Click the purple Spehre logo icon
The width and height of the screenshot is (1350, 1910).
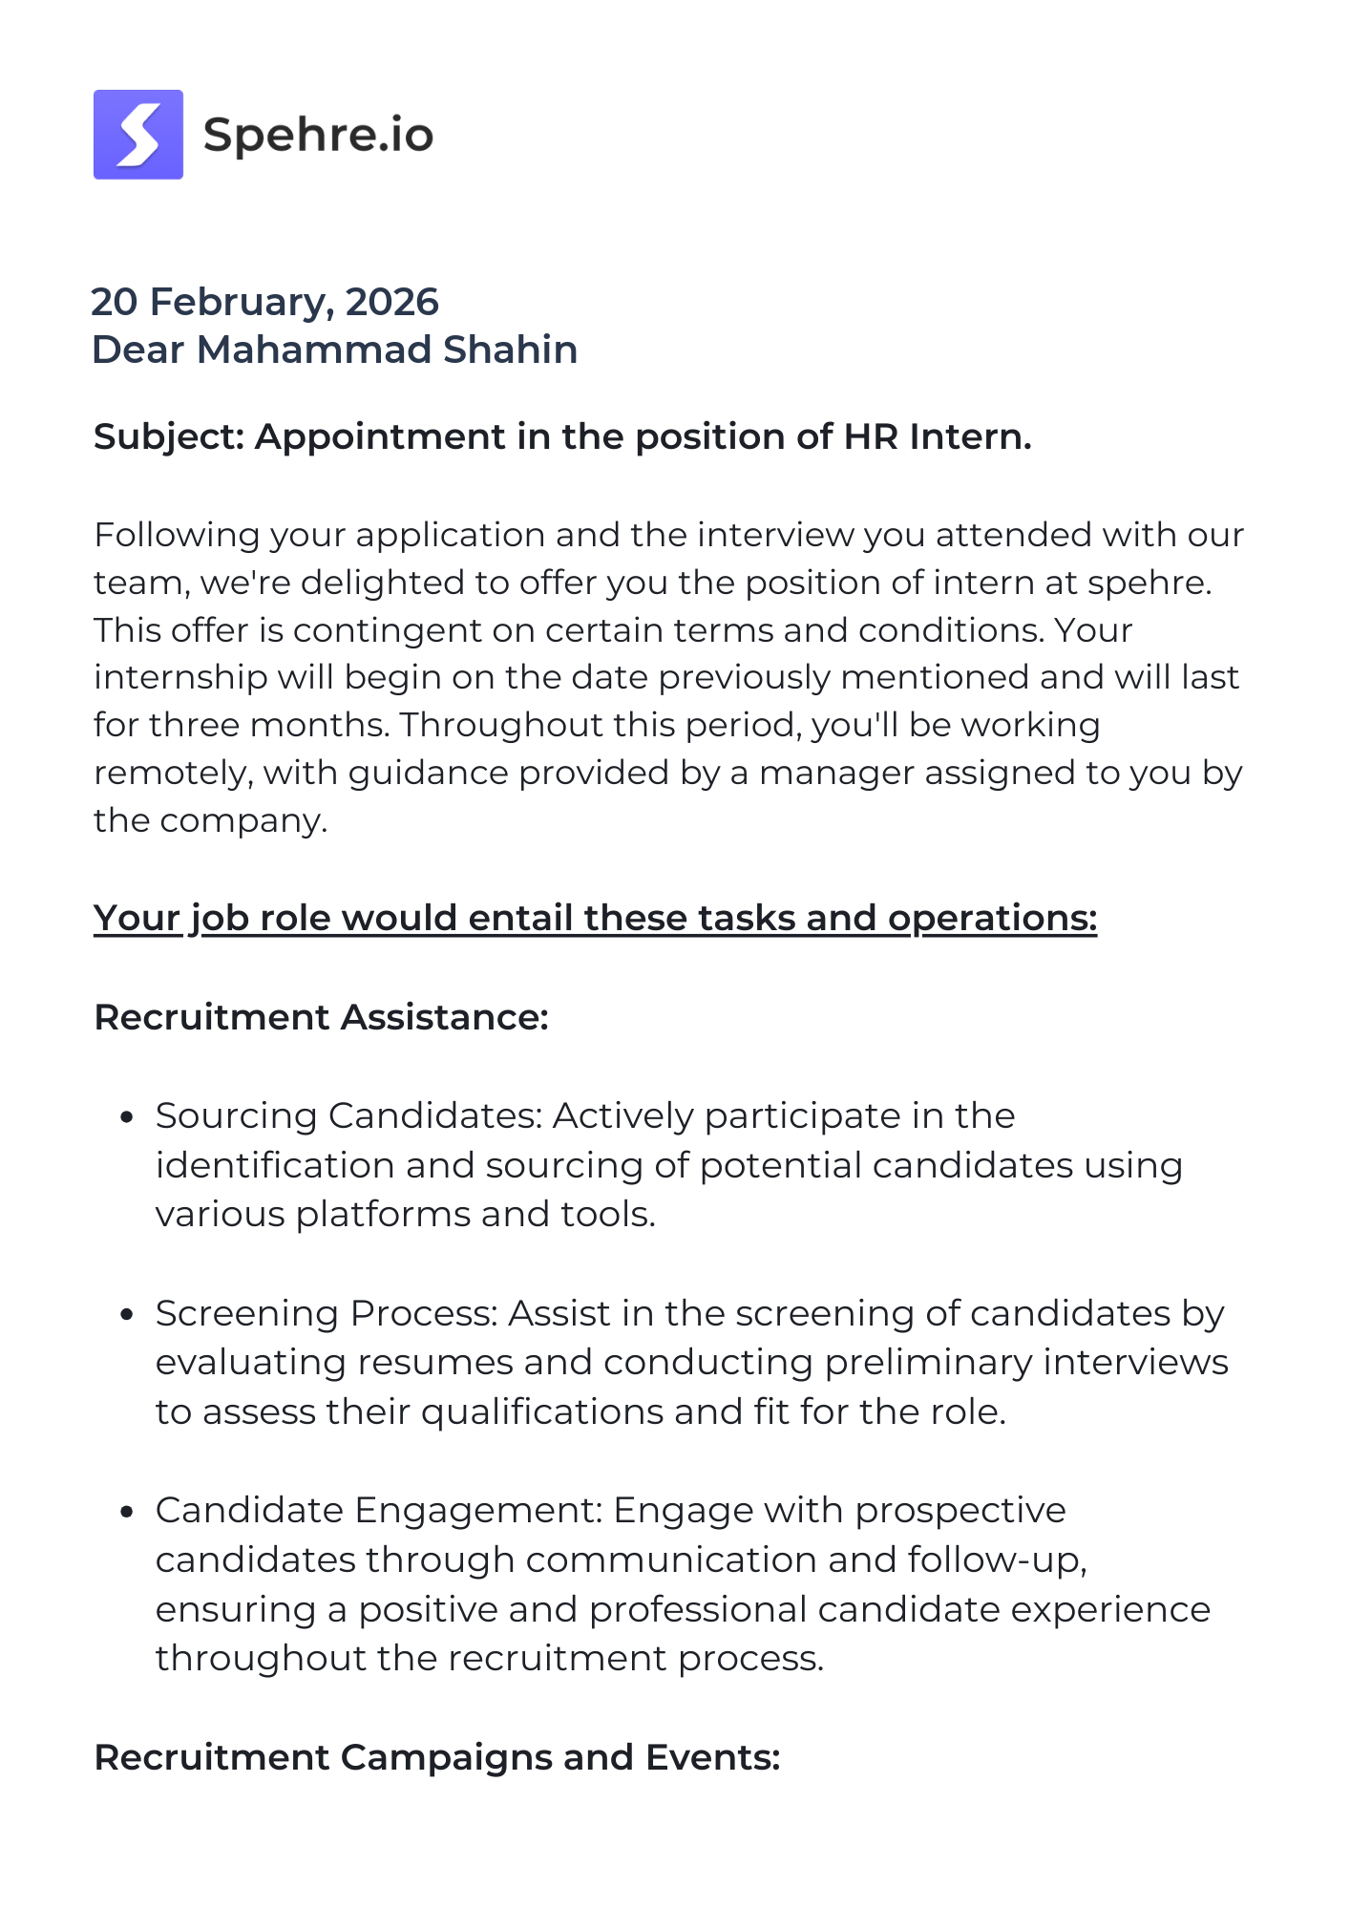pos(138,135)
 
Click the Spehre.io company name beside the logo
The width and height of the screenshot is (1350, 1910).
pos(319,135)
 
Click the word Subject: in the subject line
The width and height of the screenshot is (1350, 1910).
pos(170,436)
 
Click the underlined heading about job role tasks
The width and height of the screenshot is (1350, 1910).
pos(595,918)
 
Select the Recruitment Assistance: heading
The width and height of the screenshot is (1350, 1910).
pos(321,1017)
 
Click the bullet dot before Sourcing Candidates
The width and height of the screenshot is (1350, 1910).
pos(126,1116)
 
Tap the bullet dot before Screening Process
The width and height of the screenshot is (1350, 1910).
pos(126,1314)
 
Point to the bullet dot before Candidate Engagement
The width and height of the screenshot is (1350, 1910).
pos(126,1511)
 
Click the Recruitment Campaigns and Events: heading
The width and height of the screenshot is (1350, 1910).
pos(437,1757)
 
